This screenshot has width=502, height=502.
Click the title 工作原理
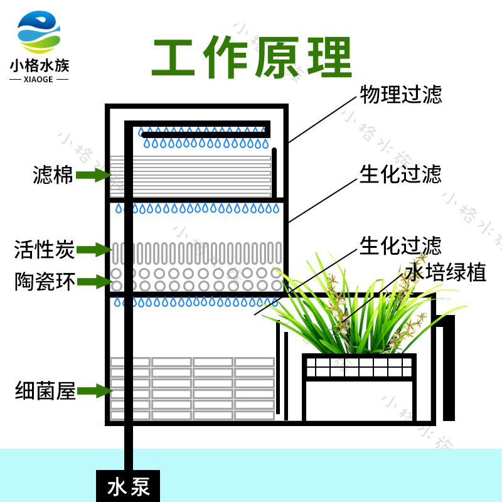click(x=251, y=58)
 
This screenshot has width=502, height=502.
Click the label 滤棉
click(x=53, y=176)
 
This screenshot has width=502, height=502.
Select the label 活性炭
click(x=45, y=250)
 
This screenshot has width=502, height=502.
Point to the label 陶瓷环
click(x=45, y=282)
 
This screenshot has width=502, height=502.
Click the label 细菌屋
click(x=45, y=392)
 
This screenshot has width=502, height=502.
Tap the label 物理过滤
click(x=400, y=95)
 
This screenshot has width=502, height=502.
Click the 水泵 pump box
click(x=128, y=485)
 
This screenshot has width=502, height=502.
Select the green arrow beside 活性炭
click(x=93, y=250)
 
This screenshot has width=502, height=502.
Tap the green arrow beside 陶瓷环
click(x=93, y=282)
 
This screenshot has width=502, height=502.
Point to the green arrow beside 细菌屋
click(x=93, y=392)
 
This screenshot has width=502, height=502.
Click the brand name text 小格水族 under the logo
click(x=40, y=66)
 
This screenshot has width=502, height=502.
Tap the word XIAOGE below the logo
click(x=40, y=80)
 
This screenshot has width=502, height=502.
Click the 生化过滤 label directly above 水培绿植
click(x=400, y=246)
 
